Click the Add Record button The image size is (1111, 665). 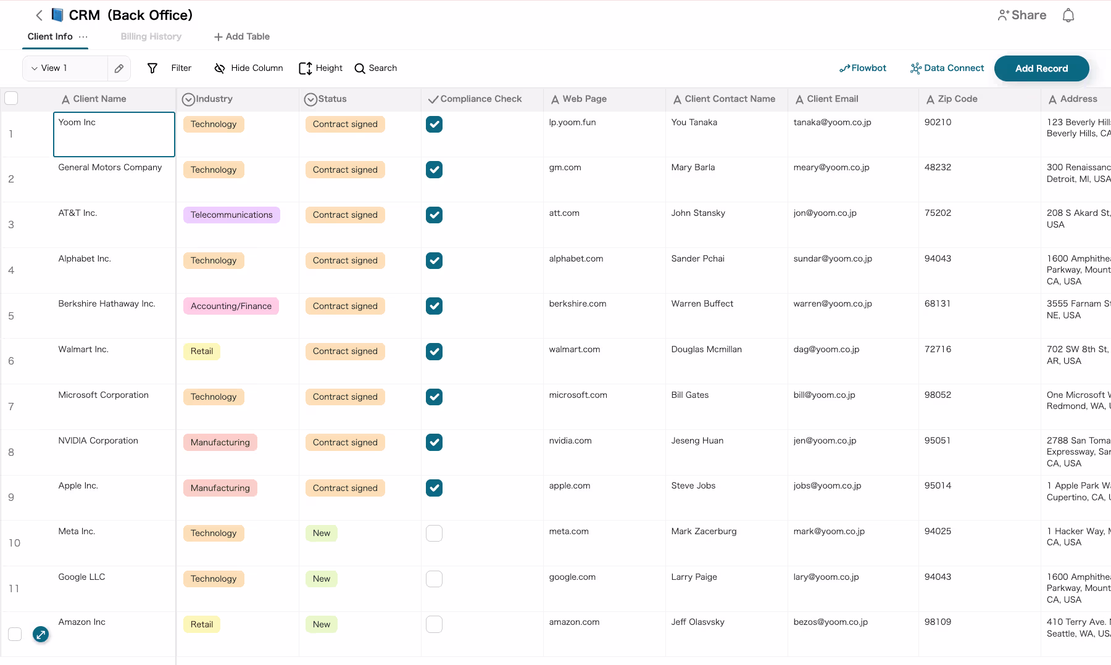click(x=1041, y=68)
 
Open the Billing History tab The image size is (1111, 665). click(x=151, y=36)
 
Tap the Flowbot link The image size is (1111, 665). click(x=863, y=68)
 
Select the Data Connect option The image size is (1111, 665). click(x=947, y=68)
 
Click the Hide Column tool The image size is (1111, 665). click(x=248, y=68)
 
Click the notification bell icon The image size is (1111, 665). click(x=1068, y=15)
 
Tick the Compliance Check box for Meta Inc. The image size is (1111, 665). click(x=434, y=533)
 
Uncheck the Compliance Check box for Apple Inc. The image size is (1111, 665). click(x=434, y=488)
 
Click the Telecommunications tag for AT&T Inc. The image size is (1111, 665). click(x=231, y=215)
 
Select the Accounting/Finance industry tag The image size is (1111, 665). click(x=231, y=306)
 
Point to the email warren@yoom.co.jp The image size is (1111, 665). click(x=833, y=304)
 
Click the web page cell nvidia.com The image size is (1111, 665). click(x=570, y=440)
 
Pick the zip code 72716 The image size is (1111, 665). click(x=938, y=349)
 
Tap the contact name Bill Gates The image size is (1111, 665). click(x=690, y=395)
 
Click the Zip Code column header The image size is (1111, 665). click(x=957, y=99)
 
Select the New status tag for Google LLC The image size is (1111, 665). click(x=322, y=579)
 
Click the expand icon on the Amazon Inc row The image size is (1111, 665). click(x=41, y=634)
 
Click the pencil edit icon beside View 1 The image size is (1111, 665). click(x=119, y=68)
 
